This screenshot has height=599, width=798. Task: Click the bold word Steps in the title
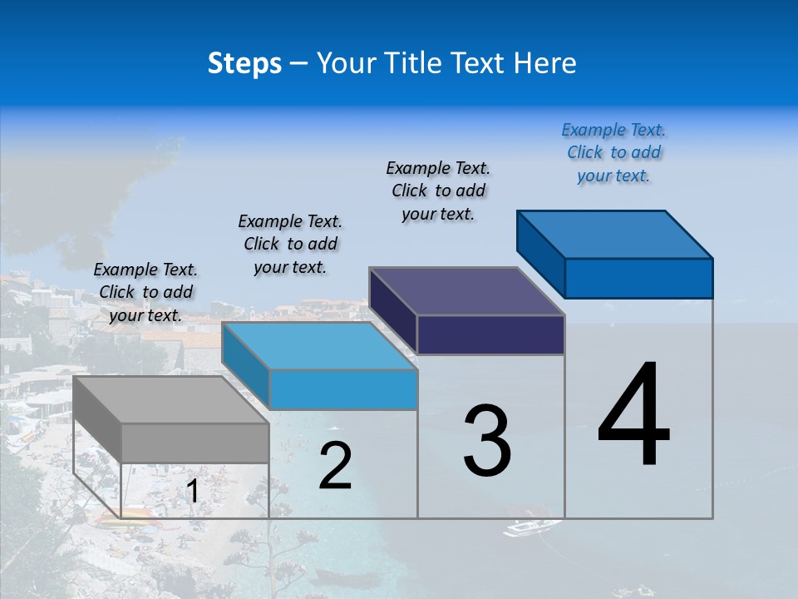244,63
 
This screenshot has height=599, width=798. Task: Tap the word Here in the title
545,63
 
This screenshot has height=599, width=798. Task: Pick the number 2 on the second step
336,466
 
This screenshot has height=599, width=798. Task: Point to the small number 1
192,492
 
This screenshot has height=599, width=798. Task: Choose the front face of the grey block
195,443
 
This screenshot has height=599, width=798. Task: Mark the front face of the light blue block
343,389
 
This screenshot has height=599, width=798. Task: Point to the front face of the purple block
490,334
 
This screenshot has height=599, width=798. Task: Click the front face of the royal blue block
638,278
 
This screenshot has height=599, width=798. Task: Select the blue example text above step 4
613,153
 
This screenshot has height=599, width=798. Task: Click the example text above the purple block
438,191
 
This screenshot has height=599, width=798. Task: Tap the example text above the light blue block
290,244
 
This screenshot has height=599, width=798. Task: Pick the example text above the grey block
145,292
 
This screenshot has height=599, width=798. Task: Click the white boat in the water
532,527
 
